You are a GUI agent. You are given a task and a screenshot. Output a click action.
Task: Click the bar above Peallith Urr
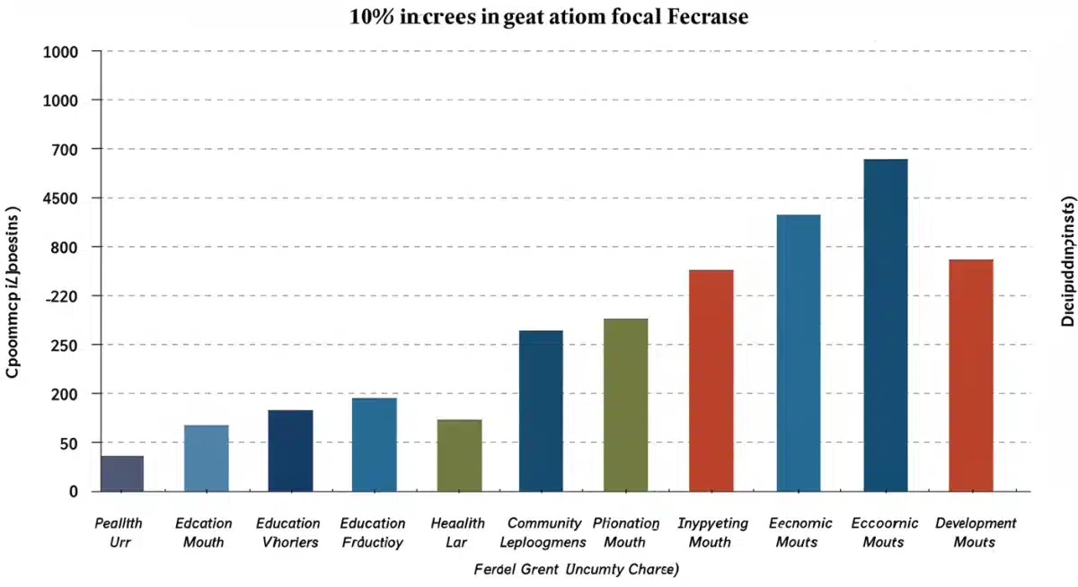[x=122, y=473]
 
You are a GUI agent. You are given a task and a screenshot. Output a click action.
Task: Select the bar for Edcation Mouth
[x=206, y=458]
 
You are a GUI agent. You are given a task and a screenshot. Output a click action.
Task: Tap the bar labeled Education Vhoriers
[x=290, y=451]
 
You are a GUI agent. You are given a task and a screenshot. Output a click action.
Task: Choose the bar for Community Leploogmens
[x=541, y=411]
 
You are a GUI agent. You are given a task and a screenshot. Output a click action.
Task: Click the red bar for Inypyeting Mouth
[x=711, y=381]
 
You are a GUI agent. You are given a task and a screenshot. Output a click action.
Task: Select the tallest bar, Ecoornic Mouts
[x=885, y=325]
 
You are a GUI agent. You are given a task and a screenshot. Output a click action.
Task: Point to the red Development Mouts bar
[x=971, y=375]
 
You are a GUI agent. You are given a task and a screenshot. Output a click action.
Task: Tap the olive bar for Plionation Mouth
[x=625, y=405]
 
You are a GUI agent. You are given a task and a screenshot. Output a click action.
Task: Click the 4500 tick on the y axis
[x=59, y=198]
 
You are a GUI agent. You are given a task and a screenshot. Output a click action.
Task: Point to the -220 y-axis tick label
[x=59, y=296]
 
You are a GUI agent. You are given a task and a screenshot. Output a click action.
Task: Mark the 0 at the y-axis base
[x=73, y=492]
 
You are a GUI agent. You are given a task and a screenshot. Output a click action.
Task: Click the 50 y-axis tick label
[x=67, y=443]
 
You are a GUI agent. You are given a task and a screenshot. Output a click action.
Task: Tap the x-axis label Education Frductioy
[x=373, y=532]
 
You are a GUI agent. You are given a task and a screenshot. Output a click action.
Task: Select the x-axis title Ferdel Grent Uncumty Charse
[x=576, y=569]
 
